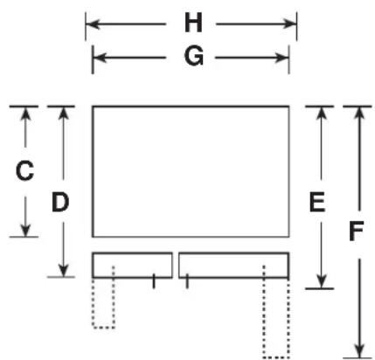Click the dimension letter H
(193, 23)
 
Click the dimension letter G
(194, 56)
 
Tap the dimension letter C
(24, 170)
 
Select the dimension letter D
(60, 202)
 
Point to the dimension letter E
(317, 202)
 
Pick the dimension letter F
(356, 232)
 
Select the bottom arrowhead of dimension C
(25, 230)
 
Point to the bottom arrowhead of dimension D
(63, 270)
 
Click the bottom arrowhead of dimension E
(321, 281)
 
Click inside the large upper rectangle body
(191, 171)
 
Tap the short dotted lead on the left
(103, 328)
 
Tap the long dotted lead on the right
(276, 357)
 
